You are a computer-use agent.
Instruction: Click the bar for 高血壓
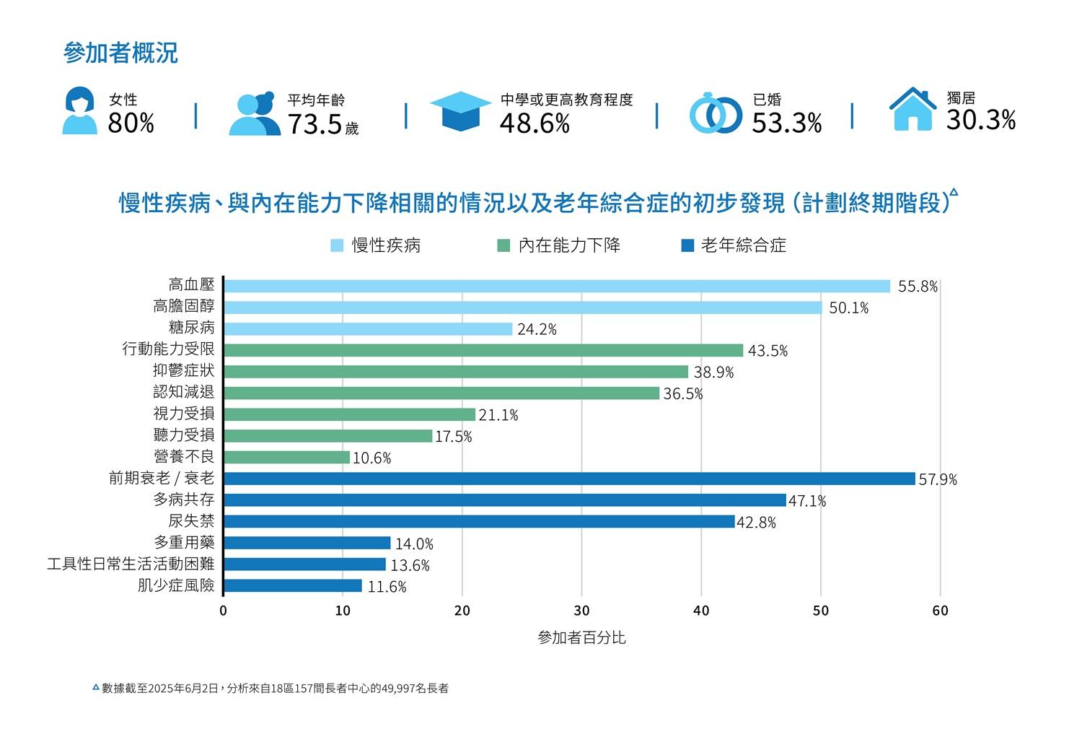pyautogui.click(x=557, y=286)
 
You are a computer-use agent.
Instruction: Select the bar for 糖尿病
pyautogui.click(x=368, y=329)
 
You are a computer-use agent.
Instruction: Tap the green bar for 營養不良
pyautogui.click(x=287, y=458)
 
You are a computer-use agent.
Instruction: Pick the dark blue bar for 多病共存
pyautogui.click(x=505, y=500)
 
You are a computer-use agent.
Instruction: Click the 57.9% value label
pyautogui.click(x=938, y=479)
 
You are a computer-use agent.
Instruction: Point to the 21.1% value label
pyautogui.click(x=498, y=415)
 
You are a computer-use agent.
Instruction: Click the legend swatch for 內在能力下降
pyautogui.click(x=503, y=246)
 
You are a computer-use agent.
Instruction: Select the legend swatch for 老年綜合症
pyautogui.click(x=687, y=246)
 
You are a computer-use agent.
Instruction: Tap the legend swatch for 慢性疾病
pyautogui.click(x=337, y=246)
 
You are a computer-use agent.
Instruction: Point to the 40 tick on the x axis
pyautogui.click(x=701, y=611)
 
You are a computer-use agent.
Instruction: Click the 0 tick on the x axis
pyautogui.click(x=223, y=611)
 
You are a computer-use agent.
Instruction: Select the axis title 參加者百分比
pyautogui.click(x=581, y=638)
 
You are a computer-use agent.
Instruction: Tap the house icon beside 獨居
pyautogui.click(x=912, y=110)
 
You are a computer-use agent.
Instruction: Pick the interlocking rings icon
pyautogui.click(x=715, y=114)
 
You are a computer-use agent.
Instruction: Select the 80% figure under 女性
pyautogui.click(x=131, y=123)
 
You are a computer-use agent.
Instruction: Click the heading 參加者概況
pyautogui.click(x=120, y=53)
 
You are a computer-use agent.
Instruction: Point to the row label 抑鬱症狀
pyautogui.click(x=184, y=371)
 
